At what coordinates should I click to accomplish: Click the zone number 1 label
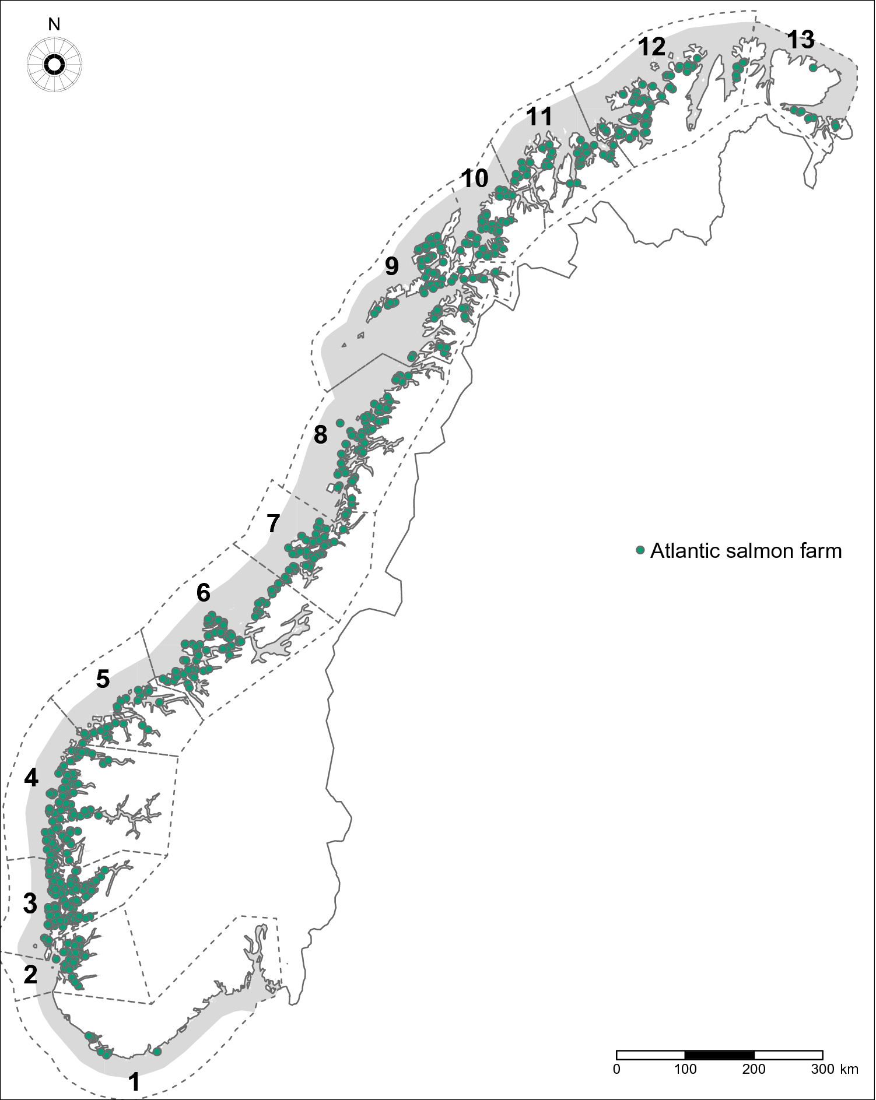(134, 1082)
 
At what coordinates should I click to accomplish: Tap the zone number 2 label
(30, 974)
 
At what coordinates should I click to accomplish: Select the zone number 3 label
(30, 904)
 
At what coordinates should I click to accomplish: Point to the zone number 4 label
(31, 778)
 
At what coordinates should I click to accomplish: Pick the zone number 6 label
(203, 593)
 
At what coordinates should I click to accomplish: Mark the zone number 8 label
(320, 435)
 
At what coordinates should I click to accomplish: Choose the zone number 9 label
(391, 266)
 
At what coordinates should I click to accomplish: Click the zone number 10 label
(475, 178)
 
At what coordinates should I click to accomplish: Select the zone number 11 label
(539, 117)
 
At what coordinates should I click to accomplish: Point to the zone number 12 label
(651, 47)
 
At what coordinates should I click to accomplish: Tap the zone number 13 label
(800, 40)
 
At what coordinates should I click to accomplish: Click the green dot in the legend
(640, 550)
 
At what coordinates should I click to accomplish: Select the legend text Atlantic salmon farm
(746, 551)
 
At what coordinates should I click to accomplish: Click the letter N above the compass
(54, 24)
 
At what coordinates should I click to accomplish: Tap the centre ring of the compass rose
(54, 65)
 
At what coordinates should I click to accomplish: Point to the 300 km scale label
(822, 1069)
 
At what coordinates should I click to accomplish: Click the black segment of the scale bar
(719, 1055)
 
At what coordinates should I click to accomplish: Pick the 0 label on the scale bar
(616, 1069)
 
